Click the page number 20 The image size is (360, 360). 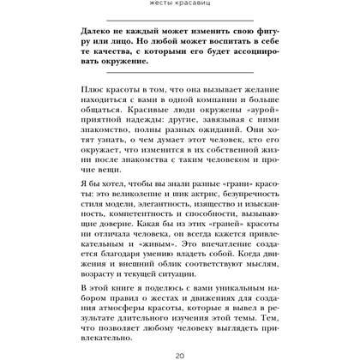tap(179, 354)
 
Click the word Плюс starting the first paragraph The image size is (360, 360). tap(93, 90)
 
